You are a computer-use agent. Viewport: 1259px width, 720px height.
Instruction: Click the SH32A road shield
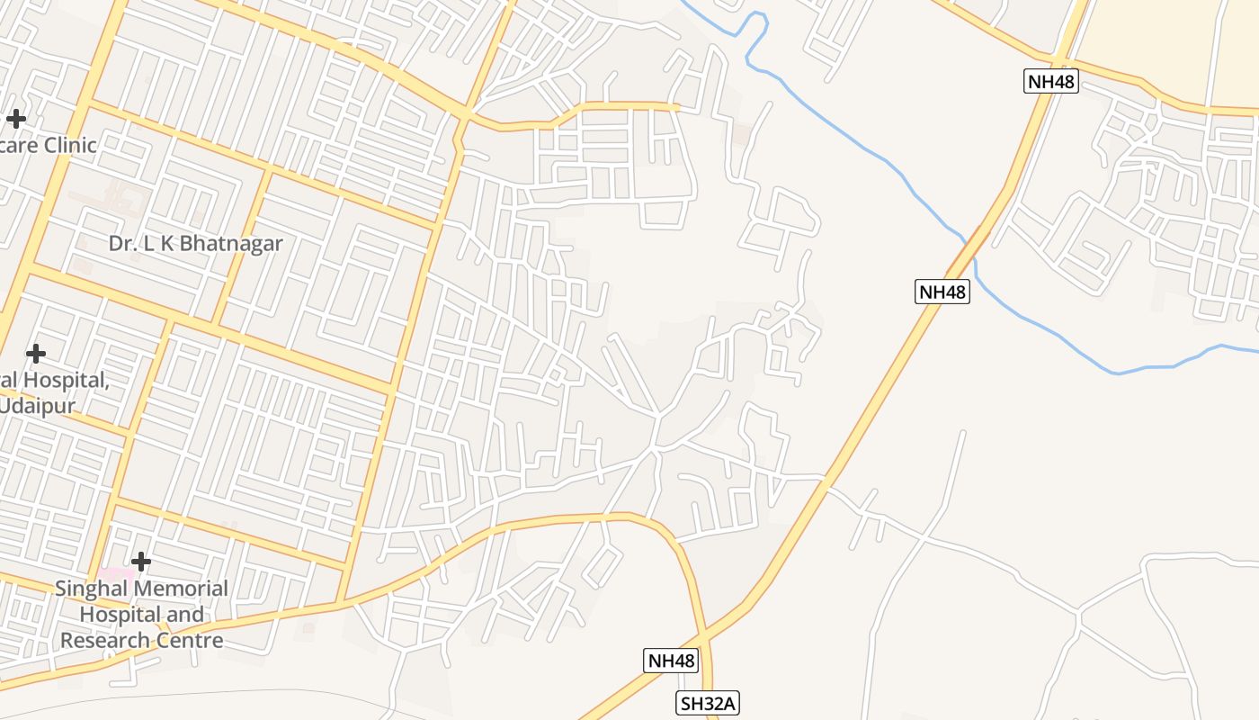[x=708, y=704]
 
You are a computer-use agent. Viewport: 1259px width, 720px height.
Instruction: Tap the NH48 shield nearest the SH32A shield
[x=671, y=661]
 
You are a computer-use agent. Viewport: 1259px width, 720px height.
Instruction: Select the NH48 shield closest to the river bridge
[x=942, y=292]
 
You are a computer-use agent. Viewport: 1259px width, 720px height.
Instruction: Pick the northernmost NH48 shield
[x=1051, y=82]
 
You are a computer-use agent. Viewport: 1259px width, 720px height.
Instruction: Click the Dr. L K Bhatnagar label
[x=195, y=243]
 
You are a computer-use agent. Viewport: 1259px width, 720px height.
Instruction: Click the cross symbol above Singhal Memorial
[x=141, y=562]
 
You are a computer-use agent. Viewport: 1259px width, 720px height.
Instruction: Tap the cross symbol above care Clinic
[x=16, y=118]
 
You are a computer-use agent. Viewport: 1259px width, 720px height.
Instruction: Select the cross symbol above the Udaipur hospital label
[x=36, y=354]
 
